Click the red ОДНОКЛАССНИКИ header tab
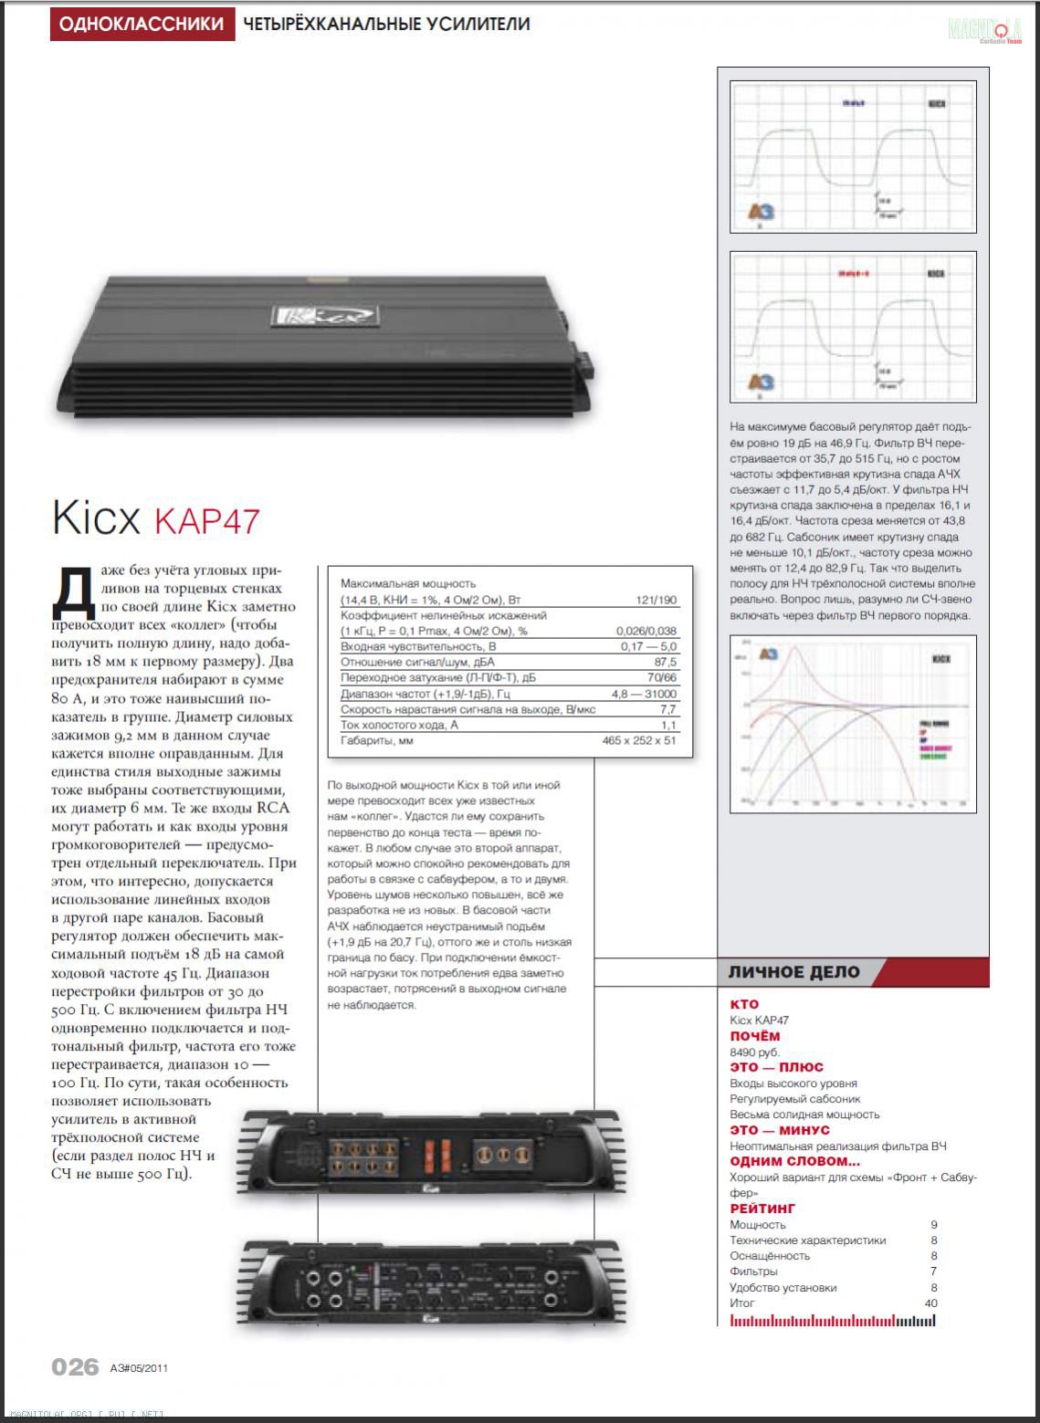tap(142, 24)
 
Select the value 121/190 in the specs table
tap(657, 600)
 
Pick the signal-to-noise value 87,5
tap(666, 662)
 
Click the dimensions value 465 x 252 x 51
tap(639, 740)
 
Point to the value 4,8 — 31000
tap(645, 694)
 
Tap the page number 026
tap(75, 1366)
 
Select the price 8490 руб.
tap(755, 1052)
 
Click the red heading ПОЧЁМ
tap(755, 1036)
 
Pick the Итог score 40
tap(930, 1303)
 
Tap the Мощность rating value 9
tap(933, 1224)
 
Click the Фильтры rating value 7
tap(933, 1271)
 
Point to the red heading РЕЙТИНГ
tap(762, 1209)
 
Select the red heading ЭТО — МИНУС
tap(780, 1130)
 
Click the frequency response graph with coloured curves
tap(853, 723)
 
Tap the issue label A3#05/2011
tap(139, 1367)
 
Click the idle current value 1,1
tap(668, 725)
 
